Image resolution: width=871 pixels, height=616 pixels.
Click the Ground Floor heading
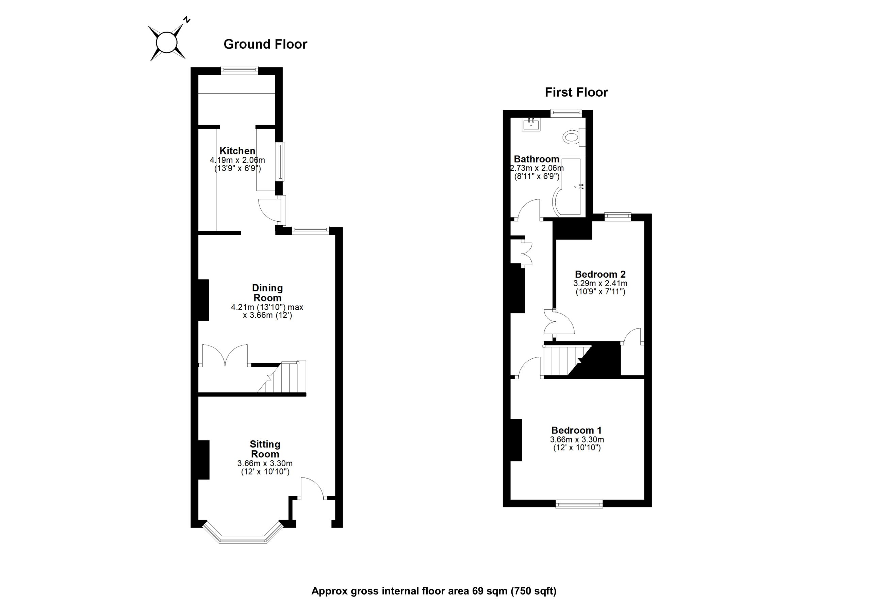coord(265,44)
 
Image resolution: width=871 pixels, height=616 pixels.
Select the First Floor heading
coord(576,92)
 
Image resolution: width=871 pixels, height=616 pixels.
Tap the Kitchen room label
coord(237,151)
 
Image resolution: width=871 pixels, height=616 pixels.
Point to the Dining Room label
coord(267,293)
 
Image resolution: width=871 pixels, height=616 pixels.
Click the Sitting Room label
coord(265,449)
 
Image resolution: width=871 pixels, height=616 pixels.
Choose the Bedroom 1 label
coord(576,430)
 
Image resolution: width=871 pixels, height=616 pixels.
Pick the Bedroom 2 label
coord(600,274)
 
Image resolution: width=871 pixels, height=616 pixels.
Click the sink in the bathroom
coord(531,124)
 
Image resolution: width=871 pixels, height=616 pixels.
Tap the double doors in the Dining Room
coord(225,355)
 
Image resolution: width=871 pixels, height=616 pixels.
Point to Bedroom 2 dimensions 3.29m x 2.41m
coord(600,283)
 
